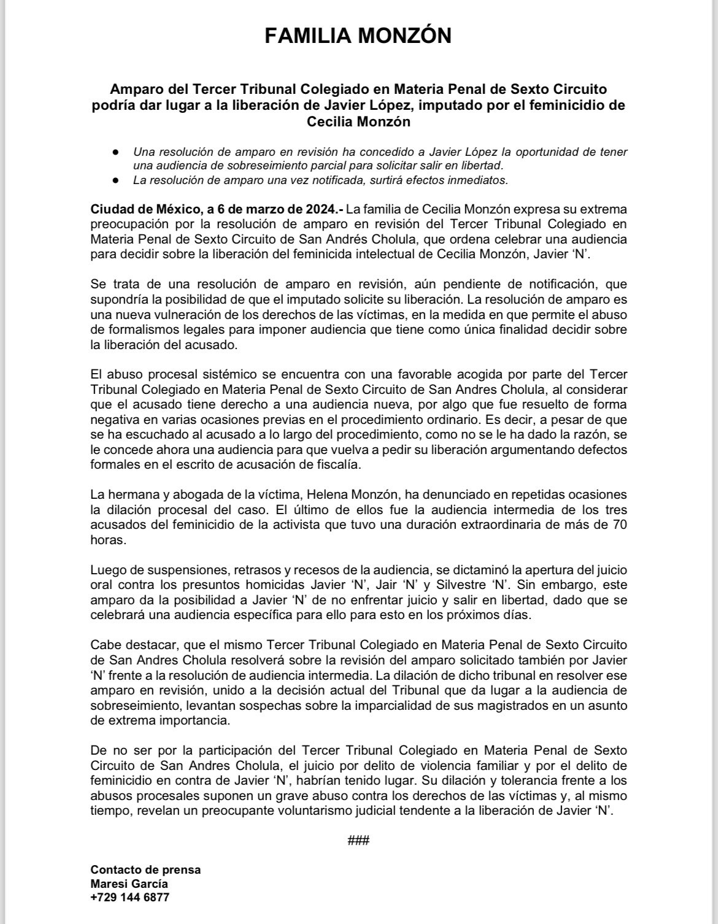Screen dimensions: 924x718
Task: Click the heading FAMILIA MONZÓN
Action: pyautogui.click(x=358, y=36)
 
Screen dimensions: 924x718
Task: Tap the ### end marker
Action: pyautogui.click(x=358, y=841)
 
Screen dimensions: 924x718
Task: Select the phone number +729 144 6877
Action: pyautogui.click(x=129, y=898)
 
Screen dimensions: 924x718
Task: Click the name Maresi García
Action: pyautogui.click(x=129, y=884)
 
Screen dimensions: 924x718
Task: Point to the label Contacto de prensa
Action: pyautogui.click(x=145, y=870)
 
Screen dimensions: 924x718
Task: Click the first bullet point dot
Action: pyautogui.click(x=115, y=152)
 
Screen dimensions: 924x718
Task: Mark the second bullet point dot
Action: pyautogui.click(x=115, y=180)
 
